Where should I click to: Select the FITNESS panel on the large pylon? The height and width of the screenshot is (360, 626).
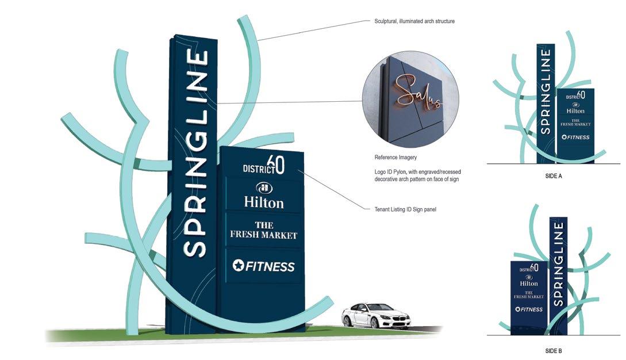pyautogui.click(x=263, y=266)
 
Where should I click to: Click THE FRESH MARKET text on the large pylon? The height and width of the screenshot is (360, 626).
pyautogui.click(x=263, y=230)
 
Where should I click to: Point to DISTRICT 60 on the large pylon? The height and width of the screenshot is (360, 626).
pyautogui.click(x=263, y=165)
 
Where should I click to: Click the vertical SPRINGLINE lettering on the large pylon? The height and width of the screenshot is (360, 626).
pyautogui.click(x=195, y=153)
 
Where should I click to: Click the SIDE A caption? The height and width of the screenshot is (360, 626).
pyautogui.click(x=554, y=176)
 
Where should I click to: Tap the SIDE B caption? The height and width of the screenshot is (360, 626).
pyautogui.click(x=554, y=351)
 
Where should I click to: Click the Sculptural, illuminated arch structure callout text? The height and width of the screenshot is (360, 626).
pyautogui.click(x=414, y=21)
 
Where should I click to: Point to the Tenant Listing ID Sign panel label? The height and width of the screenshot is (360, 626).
pyautogui.click(x=405, y=209)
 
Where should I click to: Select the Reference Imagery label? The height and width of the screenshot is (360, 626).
pyautogui.click(x=395, y=158)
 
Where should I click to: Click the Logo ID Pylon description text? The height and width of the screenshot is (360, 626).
pyautogui.click(x=417, y=175)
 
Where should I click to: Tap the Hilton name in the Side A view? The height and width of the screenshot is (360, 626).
pyautogui.click(x=575, y=111)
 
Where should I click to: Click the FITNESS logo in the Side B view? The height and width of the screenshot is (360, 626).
pyautogui.click(x=529, y=309)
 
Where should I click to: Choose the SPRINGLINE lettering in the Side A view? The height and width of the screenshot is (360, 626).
pyautogui.click(x=546, y=91)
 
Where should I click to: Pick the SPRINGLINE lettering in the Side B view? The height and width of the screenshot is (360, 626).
pyautogui.click(x=559, y=264)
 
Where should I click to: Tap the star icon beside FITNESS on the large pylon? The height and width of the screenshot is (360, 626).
pyautogui.click(x=238, y=265)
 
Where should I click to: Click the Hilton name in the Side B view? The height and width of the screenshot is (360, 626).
pyautogui.click(x=529, y=284)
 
